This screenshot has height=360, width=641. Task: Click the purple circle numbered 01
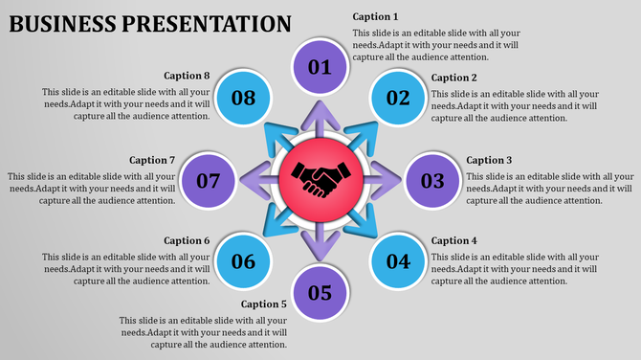(x=320, y=66)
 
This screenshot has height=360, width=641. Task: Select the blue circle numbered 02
(x=398, y=97)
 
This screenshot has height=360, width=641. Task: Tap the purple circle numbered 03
(x=432, y=180)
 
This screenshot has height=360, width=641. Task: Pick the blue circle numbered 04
(x=398, y=261)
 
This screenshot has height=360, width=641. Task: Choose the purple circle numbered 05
(x=320, y=292)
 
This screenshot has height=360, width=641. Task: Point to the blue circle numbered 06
(x=243, y=261)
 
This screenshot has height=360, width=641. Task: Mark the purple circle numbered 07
(x=208, y=180)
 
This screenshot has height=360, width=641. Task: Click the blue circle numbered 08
(x=243, y=97)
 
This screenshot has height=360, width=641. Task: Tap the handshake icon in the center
(x=320, y=179)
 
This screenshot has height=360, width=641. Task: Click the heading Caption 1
(x=375, y=17)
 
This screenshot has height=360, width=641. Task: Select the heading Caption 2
(x=453, y=78)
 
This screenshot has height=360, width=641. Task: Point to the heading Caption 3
(x=489, y=161)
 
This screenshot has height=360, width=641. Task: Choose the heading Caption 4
(x=453, y=241)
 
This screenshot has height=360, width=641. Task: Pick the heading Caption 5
(x=264, y=304)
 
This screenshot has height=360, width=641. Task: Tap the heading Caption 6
(x=187, y=241)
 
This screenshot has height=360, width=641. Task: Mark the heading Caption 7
(x=152, y=161)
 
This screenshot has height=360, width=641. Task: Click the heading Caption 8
(x=187, y=76)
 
